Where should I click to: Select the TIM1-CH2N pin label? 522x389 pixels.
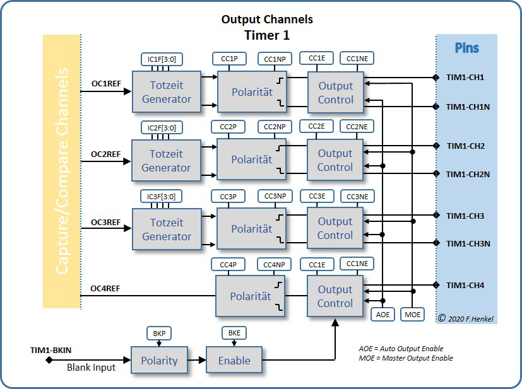[468, 174]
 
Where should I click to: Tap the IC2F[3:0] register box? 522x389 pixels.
[162, 127]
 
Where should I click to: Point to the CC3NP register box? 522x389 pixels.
[275, 196]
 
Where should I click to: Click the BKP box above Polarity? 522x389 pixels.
[158, 332]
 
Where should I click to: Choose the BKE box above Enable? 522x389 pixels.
[234, 332]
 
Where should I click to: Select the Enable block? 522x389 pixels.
[234, 361]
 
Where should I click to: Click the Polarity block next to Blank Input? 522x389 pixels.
[158, 361]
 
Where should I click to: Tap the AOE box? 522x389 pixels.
[383, 313]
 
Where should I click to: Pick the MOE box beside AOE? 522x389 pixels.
[413, 313]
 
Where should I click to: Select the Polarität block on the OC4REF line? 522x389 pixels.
[251, 296]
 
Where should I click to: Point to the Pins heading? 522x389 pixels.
[467, 48]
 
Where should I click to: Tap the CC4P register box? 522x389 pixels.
[228, 264]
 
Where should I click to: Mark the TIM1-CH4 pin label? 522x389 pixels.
[465, 286]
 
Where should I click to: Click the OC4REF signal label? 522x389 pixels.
[105, 289]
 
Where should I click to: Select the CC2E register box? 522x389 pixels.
[317, 127]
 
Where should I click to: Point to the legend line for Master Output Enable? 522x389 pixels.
[405, 358]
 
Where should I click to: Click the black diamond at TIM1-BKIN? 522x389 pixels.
[49, 361]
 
